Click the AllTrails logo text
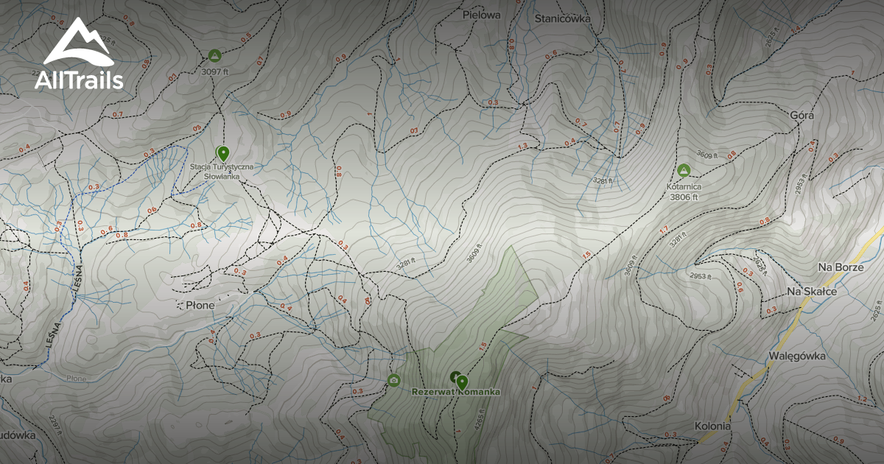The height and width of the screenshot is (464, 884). coord(79,80)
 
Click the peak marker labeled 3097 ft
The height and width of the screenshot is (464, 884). coord(214,56)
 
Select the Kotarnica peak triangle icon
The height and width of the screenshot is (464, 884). coord(684,170)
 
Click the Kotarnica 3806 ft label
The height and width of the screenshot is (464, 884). coord(684,191)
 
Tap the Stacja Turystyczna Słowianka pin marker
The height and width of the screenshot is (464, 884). coord(222,152)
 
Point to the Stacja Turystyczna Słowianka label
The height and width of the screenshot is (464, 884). coord(222,172)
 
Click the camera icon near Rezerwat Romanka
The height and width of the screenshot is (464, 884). coord(393,380)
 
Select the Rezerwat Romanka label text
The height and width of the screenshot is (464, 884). coord(455,392)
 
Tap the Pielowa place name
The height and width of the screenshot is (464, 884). coord(481,14)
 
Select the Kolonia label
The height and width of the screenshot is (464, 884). coord(712,426)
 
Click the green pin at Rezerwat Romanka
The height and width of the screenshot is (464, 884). coord(462,382)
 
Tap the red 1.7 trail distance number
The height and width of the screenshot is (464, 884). coord(663,231)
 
